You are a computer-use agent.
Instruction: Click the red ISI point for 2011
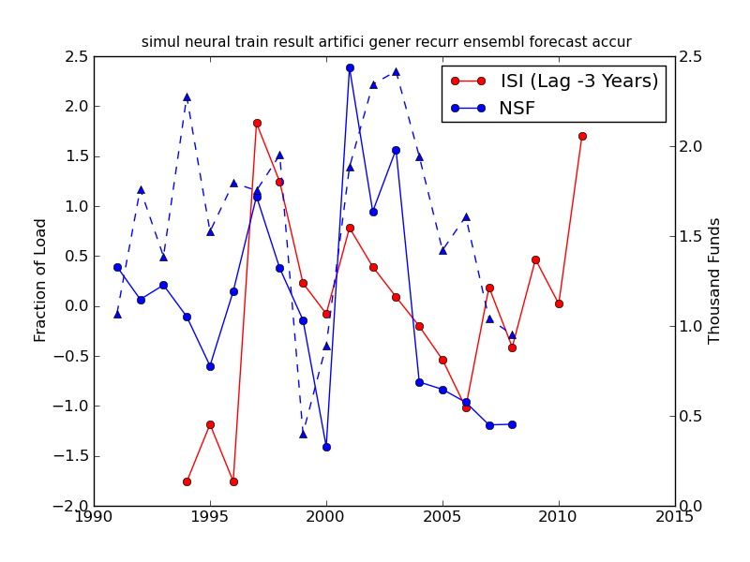click(582, 136)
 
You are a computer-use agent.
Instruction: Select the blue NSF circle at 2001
click(350, 67)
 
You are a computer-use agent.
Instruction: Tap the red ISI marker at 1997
click(257, 123)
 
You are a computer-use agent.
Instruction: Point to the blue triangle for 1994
click(187, 96)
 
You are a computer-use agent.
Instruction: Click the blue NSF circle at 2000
click(326, 447)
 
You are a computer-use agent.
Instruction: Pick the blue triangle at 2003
click(396, 71)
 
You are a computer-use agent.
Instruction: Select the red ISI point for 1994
click(187, 481)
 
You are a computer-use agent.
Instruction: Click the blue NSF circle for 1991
click(117, 267)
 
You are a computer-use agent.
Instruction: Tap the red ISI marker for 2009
click(535, 259)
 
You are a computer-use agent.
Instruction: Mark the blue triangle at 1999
click(303, 434)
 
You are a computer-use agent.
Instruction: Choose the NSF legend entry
click(517, 108)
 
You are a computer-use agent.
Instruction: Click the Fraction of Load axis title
click(40, 280)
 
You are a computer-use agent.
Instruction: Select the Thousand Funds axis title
click(714, 280)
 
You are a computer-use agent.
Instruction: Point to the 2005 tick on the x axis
click(442, 516)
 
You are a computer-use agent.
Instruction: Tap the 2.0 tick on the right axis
click(687, 147)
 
